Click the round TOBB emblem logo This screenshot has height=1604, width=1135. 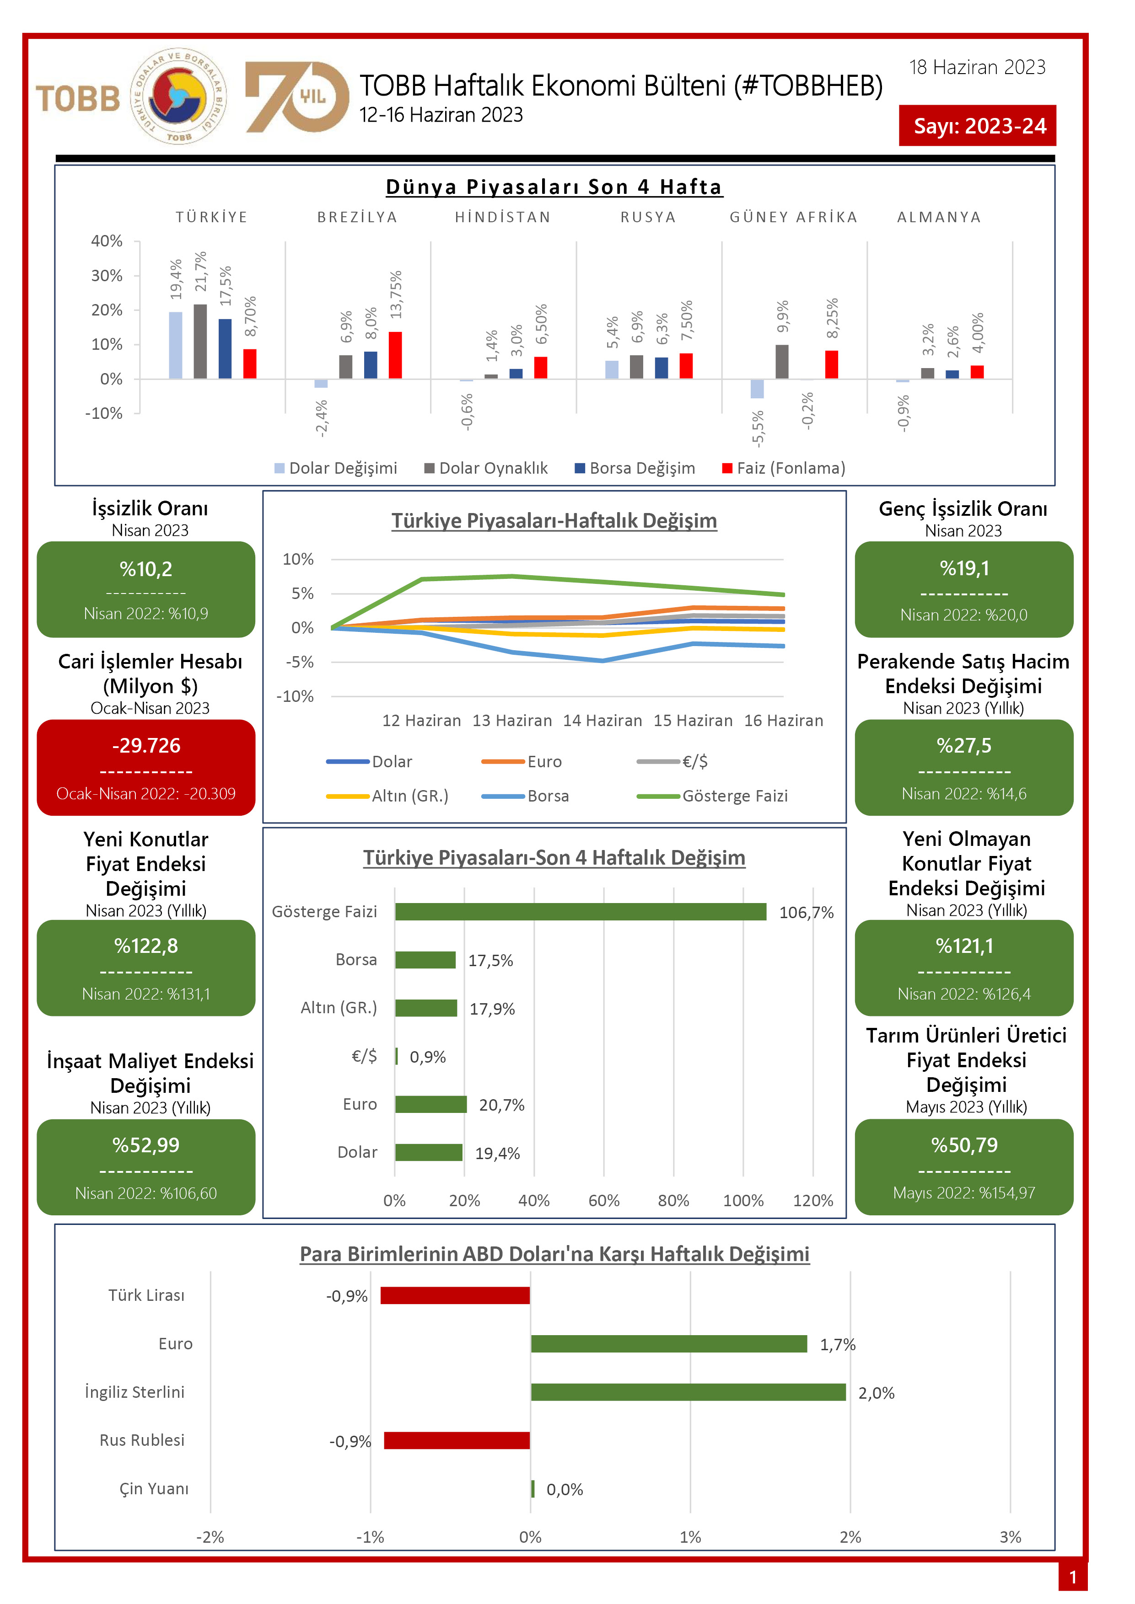point(178,96)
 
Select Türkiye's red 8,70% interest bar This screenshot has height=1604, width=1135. point(249,364)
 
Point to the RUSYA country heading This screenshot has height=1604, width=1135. point(648,217)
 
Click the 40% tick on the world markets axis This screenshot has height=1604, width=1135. point(107,241)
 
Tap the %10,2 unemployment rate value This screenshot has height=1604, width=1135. point(145,569)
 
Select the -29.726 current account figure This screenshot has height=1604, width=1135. point(145,745)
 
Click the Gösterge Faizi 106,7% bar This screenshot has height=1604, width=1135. point(580,912)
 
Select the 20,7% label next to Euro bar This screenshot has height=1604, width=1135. point(501,1105)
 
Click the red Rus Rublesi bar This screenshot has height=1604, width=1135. point(457,1440)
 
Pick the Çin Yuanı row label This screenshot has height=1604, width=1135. point(154,1489)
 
